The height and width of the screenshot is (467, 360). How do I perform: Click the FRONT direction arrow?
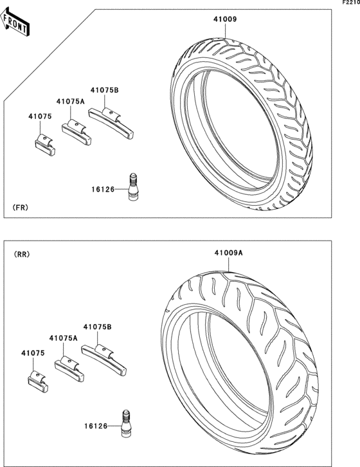[x=15, y=23]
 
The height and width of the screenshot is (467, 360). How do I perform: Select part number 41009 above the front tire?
[x=225, y=19]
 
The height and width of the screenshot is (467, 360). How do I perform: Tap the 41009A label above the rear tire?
[x=229, y=253]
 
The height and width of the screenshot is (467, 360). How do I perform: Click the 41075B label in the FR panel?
[x=105, y=90]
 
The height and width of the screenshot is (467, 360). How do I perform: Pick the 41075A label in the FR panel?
[x=71, y=102]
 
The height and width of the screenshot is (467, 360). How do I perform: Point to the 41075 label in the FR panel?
[x=40, y=116]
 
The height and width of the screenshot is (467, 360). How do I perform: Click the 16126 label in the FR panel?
[x=103, y=189]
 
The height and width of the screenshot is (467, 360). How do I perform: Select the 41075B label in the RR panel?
[x=97, y=327]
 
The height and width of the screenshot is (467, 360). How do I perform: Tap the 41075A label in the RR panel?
[x=64, y=338]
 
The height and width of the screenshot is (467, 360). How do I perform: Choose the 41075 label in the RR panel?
[x=33, y=353]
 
